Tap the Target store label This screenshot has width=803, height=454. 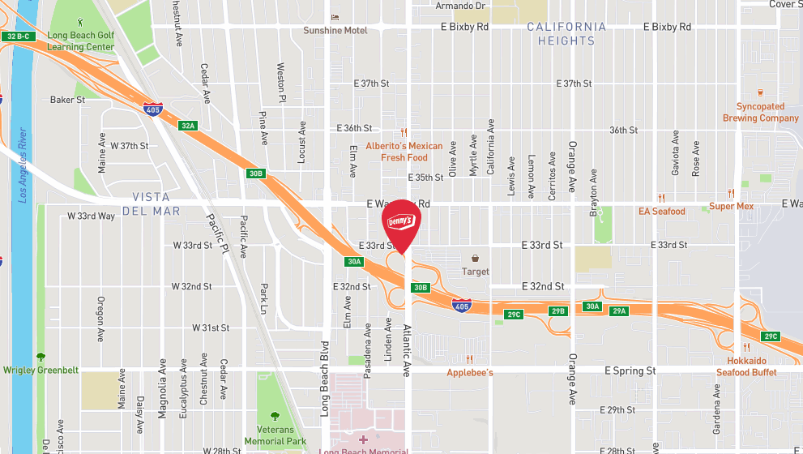click(476, 272)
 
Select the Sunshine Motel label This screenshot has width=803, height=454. click(335, 31)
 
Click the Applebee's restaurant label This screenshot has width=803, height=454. click(470, 372)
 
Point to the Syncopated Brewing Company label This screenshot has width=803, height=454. click(761, 112)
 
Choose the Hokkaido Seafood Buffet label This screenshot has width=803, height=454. click(746, 366)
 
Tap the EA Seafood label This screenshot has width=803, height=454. click(662, 211)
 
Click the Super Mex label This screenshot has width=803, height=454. click(732, 206)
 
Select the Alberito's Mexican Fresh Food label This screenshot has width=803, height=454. click(404, 152)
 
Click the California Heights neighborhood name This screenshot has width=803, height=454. click(566, 34)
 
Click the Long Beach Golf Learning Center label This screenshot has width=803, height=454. click(81, 41)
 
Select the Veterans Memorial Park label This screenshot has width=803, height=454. click(275, 436)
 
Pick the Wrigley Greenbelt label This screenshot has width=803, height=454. click(41, 370)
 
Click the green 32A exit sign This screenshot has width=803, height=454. click(188, 126)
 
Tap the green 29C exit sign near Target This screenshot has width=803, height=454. click(514, 314)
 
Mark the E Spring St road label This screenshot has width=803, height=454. click(630, 370)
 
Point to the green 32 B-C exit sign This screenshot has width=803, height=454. click(17, 36)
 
